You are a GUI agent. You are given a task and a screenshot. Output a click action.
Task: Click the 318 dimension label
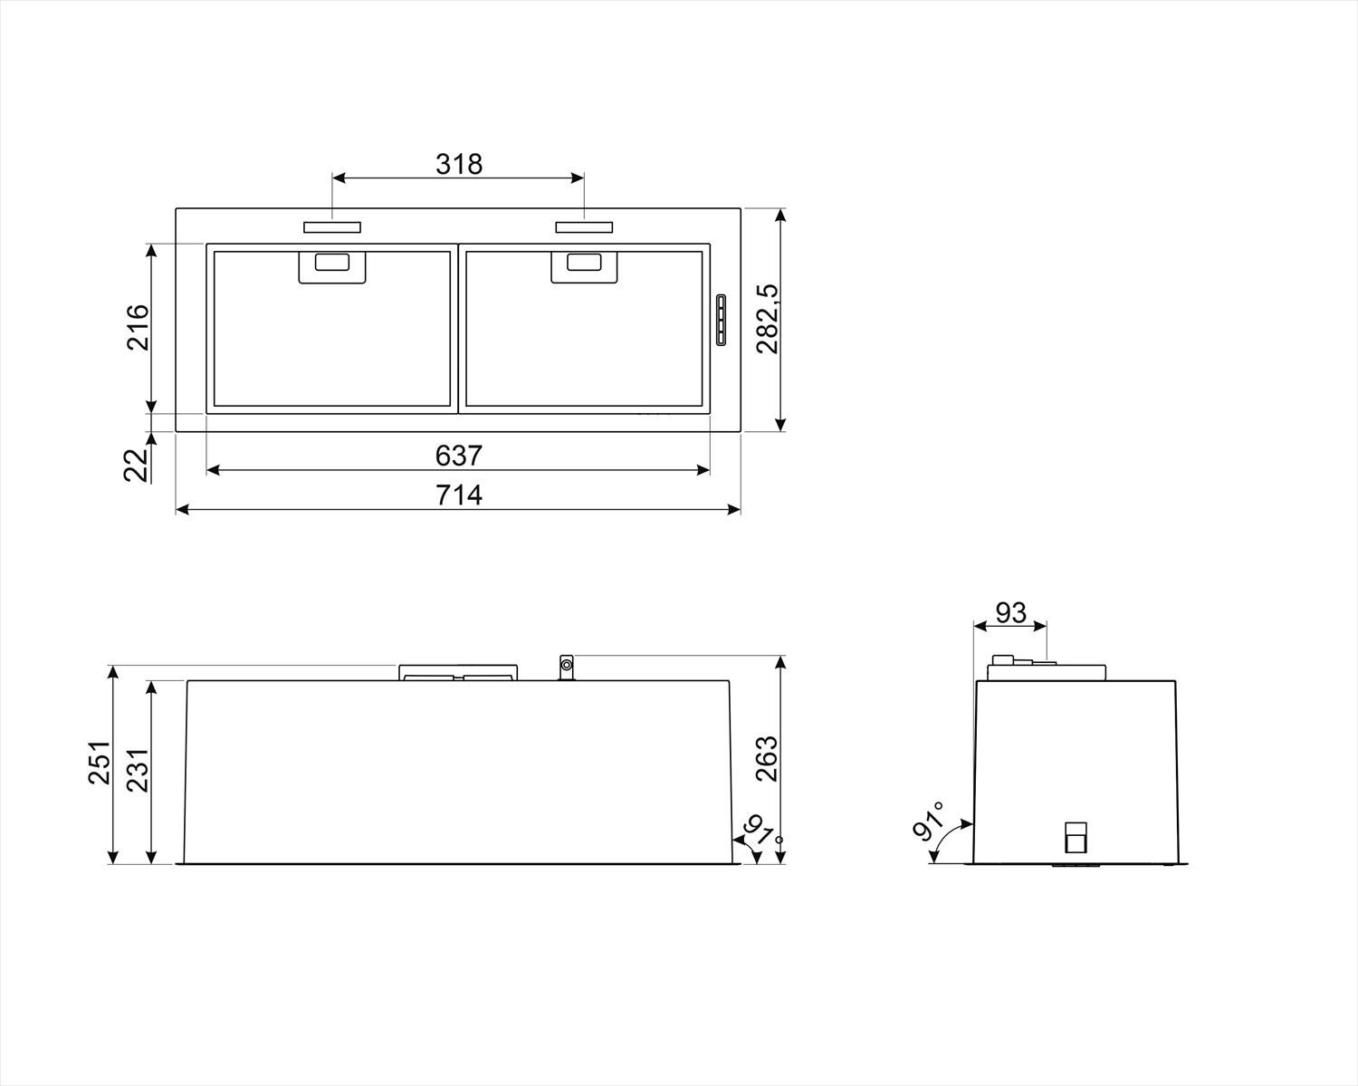coord(459,164)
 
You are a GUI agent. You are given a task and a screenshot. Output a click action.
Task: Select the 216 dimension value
coord(137,328)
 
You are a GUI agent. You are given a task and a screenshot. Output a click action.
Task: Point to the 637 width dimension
coord(459,456)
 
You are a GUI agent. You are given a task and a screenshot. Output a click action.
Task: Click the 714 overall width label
coord(459,495)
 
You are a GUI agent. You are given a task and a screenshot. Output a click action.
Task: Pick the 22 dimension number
coord(136,465)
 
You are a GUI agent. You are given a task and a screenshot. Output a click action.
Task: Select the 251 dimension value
coord(99,763)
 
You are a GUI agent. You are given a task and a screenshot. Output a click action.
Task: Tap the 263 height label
coord(766,758)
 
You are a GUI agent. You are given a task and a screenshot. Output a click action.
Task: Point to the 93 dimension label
coord(1010,612)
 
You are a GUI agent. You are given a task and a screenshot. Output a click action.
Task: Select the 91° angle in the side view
coord(929,821)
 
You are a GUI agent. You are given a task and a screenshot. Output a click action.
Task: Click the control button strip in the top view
coord(721,320)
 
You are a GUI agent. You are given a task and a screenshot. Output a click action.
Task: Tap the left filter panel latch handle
coord(331,265)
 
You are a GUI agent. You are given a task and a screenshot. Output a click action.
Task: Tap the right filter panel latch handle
coord(584,265)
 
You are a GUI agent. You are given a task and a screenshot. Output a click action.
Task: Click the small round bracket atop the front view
coord(567,668)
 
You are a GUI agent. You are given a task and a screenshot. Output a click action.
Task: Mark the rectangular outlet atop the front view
coord(458,673)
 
